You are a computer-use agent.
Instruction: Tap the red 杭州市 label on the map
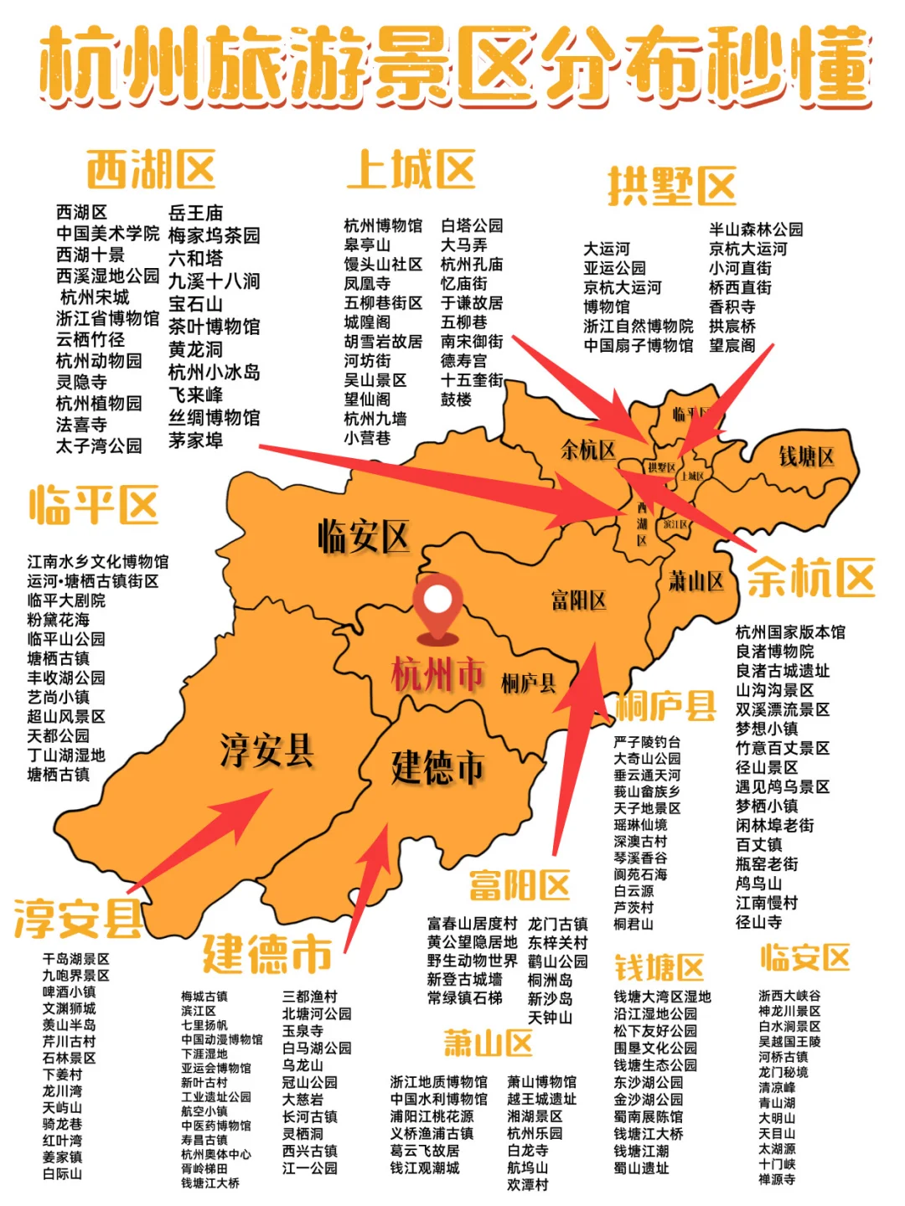pos(437,674)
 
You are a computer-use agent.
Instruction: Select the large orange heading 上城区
pos(411,170)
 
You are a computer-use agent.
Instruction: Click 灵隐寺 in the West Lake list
pos(81,382)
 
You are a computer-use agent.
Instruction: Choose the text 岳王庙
pos(196,213)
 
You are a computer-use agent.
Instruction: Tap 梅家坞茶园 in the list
pos(215,235)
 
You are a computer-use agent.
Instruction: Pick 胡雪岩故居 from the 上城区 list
pos(383,342)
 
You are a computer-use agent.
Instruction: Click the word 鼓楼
pos(457,399)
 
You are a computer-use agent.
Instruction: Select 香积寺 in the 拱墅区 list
pos(732,307)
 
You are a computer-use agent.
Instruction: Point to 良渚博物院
pos(775,652)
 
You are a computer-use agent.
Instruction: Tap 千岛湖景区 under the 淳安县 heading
pos(76,959)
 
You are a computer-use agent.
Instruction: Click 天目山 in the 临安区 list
pos(777,1133)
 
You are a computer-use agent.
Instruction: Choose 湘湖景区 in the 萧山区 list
pos(535,1116)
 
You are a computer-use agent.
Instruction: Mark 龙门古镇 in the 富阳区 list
pos(557,924)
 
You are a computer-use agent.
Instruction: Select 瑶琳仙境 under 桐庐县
pos(640,825)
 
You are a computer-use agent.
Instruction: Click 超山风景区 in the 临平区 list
pos(66,716)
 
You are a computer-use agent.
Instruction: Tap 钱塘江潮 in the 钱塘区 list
pos(642,1151)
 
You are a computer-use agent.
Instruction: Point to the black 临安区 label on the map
pos(363,536)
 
